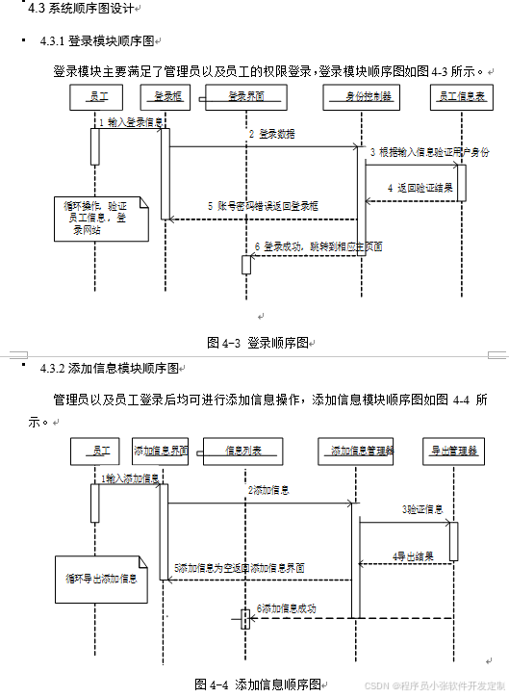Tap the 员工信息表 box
[x=461, y=96]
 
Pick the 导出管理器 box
[x=452, y=450]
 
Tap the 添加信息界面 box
[x=161, y=450]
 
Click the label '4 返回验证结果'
[x=420, y=187]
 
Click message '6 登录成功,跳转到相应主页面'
[x=318, y=246]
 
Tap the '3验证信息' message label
[x=422, y=508]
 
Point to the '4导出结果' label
[x=413, y=555]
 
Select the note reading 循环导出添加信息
[x=101, y=579]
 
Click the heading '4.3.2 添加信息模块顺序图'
[x=110, y=368]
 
